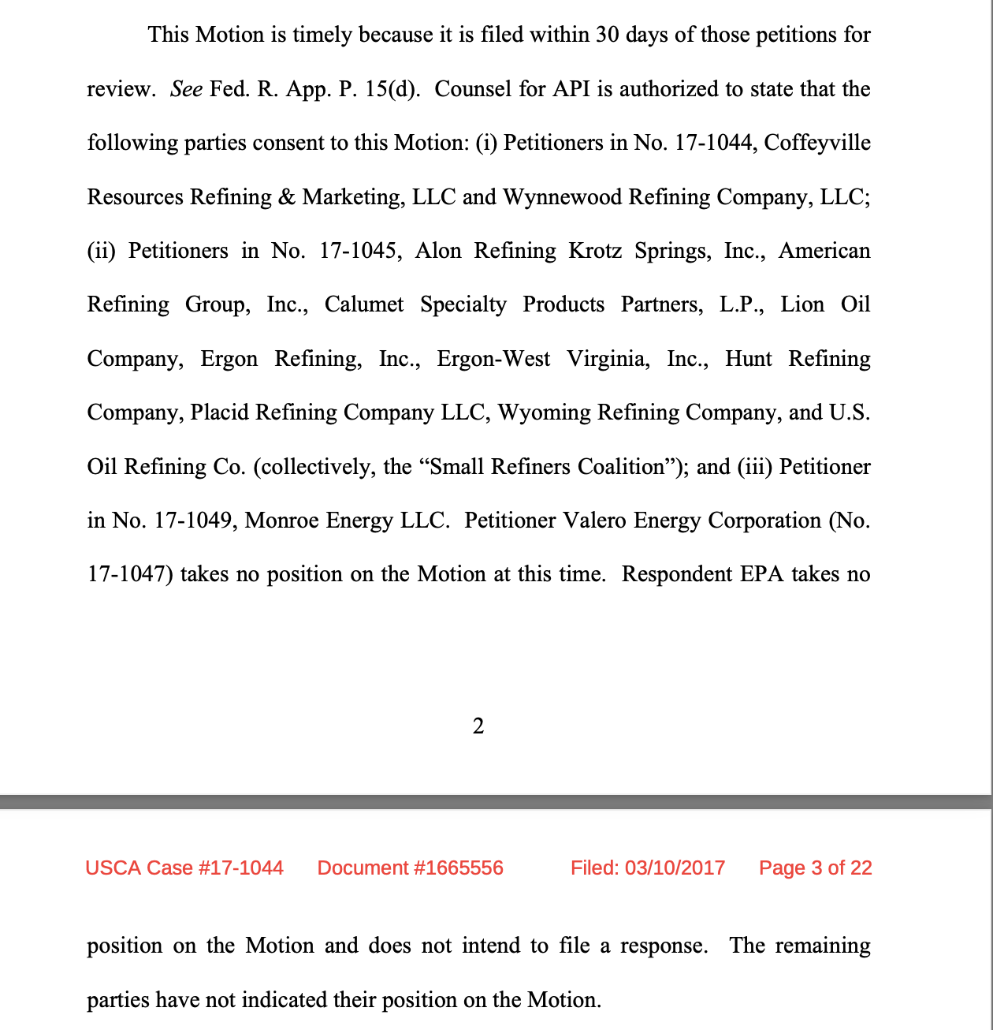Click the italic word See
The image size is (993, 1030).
click(x=186, y=89)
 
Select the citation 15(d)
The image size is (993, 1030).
click(x=392, y=89)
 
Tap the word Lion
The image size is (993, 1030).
click(x=802, y=304)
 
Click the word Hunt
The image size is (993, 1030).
click(x=748, y=359)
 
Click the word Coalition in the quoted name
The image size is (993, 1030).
click(x=625, y=467)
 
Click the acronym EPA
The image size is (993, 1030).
click(x=762, y=574)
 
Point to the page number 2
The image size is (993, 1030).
click(x=478, y=726)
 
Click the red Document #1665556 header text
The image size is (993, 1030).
click(x=410, y=868)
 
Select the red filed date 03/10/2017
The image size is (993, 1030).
click(x=675, y=868)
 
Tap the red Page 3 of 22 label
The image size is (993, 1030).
click(x=815, y=868)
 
